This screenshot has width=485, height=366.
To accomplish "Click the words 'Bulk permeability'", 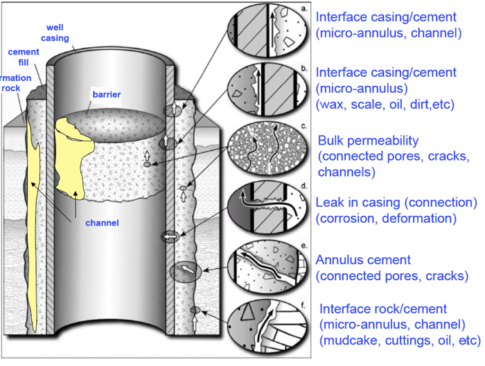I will pyautogui.click(x=364, y=140).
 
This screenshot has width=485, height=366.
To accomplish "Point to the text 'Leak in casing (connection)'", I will pyautogui.click(x=396, y=203).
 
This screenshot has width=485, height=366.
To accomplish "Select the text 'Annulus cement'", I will pyautogui.click(x=363, y=260).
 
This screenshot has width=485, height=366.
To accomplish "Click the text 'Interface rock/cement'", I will pyautogui.click(x=382, y=308).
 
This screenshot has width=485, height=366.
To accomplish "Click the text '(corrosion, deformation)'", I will pyautogui.click(x=386, y=219).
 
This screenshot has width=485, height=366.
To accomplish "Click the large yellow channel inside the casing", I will pyautogui.click(x=73, y=159).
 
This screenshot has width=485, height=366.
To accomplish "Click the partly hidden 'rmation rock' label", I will pyautogui.click(x=10, y=82).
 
